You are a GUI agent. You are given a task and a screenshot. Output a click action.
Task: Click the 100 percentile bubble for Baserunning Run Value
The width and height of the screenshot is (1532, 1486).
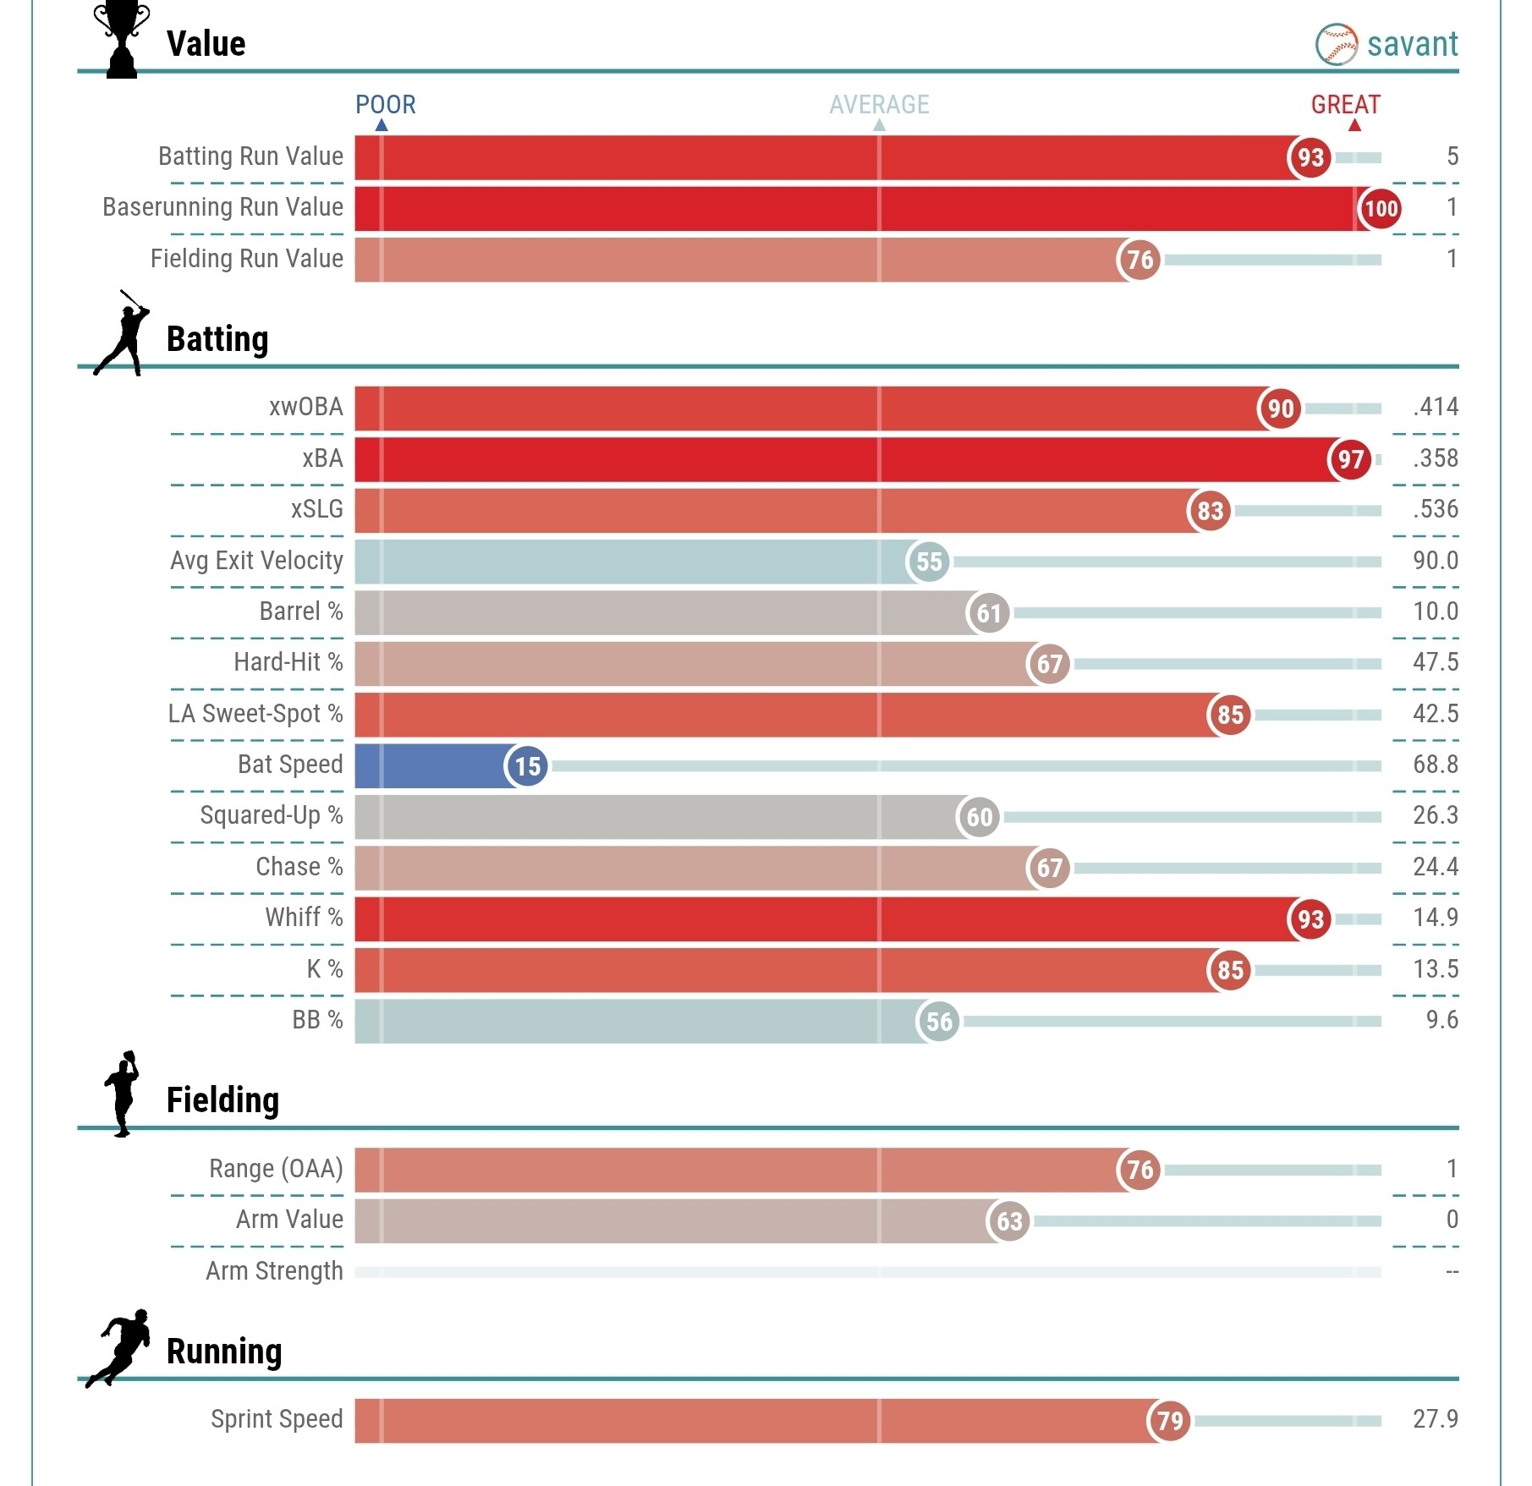tap(1380, 208)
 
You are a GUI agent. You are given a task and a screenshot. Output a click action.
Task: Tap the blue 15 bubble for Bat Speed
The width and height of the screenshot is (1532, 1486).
tap(527, 766)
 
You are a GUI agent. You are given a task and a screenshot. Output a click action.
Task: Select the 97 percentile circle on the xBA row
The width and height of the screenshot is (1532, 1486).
tap(1350, 459)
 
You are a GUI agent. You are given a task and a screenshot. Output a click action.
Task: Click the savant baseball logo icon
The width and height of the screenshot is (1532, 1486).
tap(1336, 44)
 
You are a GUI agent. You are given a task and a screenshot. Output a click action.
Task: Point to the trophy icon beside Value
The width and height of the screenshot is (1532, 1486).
tap(122, 40)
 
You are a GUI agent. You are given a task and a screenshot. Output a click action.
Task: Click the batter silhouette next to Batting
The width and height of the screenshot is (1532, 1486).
tap(124, 333)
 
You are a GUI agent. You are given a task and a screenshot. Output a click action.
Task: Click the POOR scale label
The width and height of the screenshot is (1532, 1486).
tap(385, 105)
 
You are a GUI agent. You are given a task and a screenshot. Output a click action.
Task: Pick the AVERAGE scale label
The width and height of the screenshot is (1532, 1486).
tap(879, 105)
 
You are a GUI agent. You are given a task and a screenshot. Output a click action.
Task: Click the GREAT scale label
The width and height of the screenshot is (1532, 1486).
tap(1345, 105)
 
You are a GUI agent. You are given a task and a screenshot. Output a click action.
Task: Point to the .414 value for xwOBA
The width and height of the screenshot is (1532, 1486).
tap(1435, 407)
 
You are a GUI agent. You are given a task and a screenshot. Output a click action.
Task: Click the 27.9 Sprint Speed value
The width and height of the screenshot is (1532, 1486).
tap(1435, 1418)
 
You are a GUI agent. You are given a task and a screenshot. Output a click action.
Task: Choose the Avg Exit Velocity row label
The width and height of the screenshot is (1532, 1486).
tap(256, 561)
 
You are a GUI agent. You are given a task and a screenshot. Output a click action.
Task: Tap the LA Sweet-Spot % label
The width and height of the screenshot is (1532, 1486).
tap(255, 714)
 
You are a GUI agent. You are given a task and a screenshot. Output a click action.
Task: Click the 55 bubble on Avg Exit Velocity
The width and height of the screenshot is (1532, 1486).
tap(929, 562)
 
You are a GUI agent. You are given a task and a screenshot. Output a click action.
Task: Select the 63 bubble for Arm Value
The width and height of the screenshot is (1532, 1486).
tap(1009, 1221)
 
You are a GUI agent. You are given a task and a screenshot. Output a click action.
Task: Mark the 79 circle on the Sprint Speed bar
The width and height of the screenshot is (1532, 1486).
tap(1170, 1421)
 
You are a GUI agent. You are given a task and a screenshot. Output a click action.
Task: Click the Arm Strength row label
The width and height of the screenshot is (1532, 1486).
tap(274, 1271)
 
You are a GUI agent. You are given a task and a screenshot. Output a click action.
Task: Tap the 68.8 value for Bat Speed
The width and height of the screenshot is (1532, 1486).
tap(1435, 765)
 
